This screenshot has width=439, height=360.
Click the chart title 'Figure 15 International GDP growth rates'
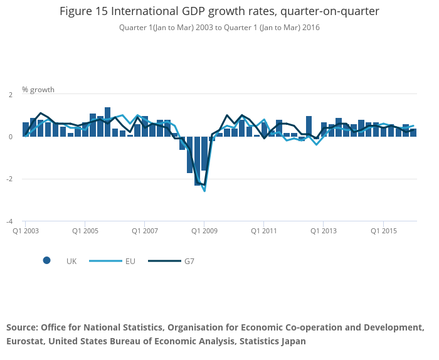[x=219, y=11]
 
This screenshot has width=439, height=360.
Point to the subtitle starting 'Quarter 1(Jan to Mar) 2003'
[x=219, y=28]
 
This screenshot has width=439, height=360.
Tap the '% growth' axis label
[x=38, y=90]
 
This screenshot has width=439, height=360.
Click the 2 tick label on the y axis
[x=10, y=94]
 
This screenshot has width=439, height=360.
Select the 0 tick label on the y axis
[x=10, y=137]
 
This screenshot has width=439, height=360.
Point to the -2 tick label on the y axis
[x=9, y=179]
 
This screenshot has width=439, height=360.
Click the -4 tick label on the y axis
[x=9, y=221]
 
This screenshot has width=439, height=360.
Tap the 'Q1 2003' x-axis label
[x=26, y=231]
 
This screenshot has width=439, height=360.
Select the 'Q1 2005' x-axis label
[x=85, y=231]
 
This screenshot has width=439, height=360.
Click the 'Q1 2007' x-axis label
[x=145, y=231]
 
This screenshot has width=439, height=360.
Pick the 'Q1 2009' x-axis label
[x=204, y=231]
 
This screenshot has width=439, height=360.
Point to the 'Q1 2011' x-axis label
[x=264, y=231]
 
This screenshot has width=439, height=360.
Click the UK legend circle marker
[x=46, y=261]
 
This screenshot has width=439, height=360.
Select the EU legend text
[x=130, y=261]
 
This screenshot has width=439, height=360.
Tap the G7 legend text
[x=189, y=261]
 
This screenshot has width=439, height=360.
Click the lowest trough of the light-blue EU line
[x=204, y=190]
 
